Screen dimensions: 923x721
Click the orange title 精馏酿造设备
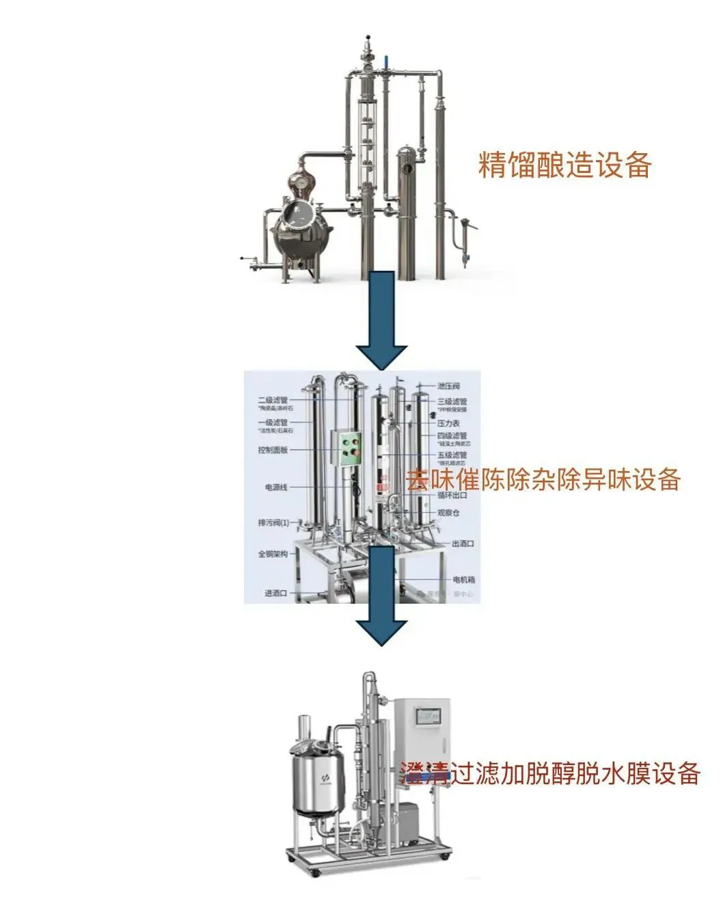(x=564, y=165)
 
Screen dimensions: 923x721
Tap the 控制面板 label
(x=273, y=450)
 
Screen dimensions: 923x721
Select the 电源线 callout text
(x=276, y=487)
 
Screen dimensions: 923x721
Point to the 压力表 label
(x=448, y=423)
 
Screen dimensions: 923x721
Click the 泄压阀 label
(x=448, y=386)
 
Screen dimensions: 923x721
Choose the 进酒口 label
(x=275, y=593)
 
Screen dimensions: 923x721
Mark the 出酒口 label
(x=463, y=544)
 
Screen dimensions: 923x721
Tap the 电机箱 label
(x=463, y=579)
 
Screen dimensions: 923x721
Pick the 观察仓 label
(x=448, y=513)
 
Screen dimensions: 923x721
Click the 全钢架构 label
(x=273, y=554)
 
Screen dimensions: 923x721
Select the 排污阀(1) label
(x=273, y=523)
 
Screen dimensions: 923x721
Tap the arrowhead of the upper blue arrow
(x=382, y=356)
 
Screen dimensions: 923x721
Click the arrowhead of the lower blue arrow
(x=382, y=632)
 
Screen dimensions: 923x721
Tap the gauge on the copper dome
(x=299, y=182)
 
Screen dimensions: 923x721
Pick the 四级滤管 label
(x=452, y=436)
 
